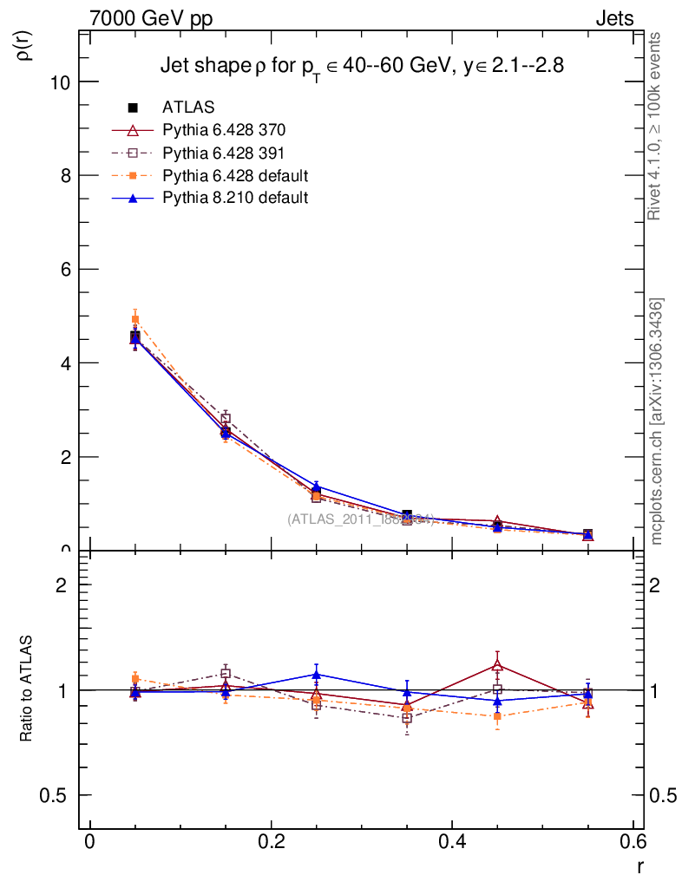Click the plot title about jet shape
pos(363,66)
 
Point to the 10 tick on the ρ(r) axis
pos(62,82)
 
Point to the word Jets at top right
pos(613,19)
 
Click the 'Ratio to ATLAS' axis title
pos(26,690)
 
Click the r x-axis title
pos(639,866)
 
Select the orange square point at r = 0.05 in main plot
pos(135,319)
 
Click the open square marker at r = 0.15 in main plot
pos(226,419)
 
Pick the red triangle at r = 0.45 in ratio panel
pos(497,665)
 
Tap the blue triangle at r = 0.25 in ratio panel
pos(317,674)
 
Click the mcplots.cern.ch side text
pos(658,421)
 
